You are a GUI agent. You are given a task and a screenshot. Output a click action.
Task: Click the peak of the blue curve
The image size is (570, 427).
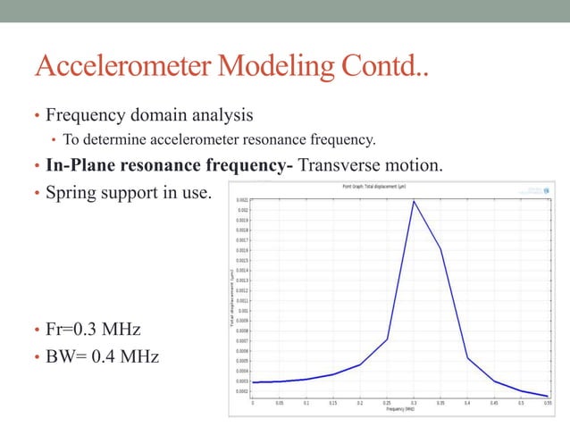414,201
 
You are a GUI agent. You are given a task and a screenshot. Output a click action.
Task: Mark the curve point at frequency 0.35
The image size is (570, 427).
440,249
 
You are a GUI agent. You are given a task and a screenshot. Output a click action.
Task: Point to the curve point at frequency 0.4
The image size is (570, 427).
467,357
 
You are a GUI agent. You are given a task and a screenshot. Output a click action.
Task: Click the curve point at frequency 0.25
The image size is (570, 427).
387,339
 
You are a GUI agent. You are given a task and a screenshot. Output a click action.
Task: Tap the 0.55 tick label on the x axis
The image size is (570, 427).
547,403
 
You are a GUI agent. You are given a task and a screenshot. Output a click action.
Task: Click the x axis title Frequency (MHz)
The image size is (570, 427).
399,409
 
